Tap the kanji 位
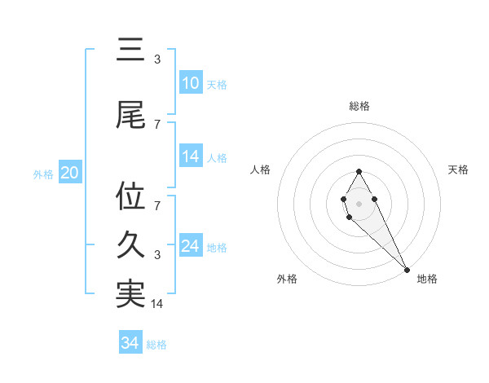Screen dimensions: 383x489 tap(130, 196)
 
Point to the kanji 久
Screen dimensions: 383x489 tap(130, 245)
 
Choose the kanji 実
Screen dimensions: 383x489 tap(130, 294)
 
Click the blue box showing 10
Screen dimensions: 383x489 tap(191, 83)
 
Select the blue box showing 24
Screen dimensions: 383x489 tap(191, 247)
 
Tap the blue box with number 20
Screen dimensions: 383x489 tap(70, 173)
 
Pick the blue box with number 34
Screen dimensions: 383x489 tap(130, 343)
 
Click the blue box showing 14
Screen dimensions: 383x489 tap(191, 156)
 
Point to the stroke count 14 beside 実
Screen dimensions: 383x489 tap(157, 304)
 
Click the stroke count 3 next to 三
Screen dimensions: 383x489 tap(157, 59)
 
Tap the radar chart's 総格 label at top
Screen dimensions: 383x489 tap(359, 106)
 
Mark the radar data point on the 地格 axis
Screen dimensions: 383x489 tap(407, 269)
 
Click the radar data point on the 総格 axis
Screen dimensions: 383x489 tap(359, 171)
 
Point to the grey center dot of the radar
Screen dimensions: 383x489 tap(359, 202)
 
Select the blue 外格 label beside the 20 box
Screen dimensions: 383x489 tap(43, 174)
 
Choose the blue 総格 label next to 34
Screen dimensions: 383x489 tap(156, 344)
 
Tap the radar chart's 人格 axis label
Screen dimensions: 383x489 tap(261, 169)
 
